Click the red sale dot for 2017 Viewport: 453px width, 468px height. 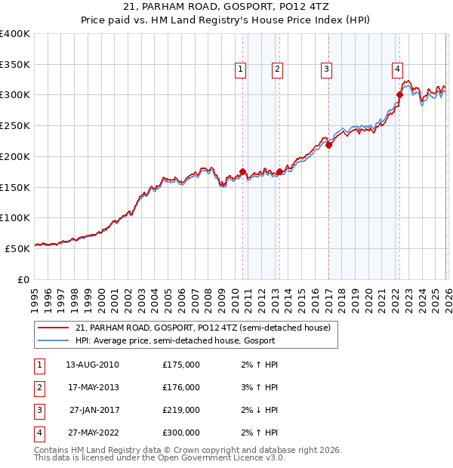(329, 146)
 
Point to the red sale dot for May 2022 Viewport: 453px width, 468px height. (400, 94)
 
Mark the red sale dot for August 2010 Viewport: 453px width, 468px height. (242, 171)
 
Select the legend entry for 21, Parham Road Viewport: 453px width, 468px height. (202, 328)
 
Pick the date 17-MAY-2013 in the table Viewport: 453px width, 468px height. (93, 387)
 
